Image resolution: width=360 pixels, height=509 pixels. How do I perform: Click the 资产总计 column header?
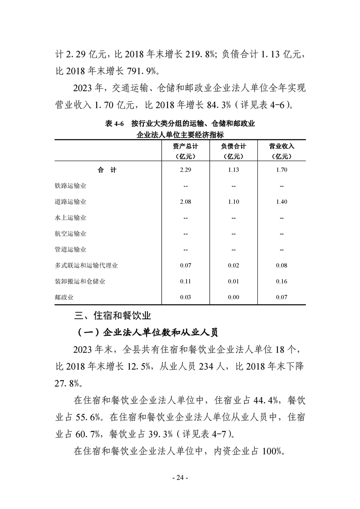tap(185, 147)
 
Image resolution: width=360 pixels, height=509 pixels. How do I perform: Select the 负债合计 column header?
tap(233, 147)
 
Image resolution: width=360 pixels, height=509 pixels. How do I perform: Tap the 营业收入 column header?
tap(281, 147)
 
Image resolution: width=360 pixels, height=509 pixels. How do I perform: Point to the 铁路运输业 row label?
tap(70, 186)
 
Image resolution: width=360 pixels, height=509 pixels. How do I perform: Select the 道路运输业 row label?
tap(70, 202)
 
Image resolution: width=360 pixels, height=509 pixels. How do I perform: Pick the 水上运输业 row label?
tap(70, 218)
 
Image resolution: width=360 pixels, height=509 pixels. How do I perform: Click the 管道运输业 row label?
tap(70, 250)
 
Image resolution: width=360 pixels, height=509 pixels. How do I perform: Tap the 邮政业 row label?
tap(64, 297)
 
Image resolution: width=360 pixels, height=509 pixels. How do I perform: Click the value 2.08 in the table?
tap(185, 202)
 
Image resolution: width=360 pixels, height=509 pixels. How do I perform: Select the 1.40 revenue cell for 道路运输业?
tap(281, 202)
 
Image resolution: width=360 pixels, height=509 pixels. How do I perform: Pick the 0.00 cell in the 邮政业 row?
tap(233, 297)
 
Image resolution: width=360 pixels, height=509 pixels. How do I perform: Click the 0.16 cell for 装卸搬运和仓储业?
tap(281, 281)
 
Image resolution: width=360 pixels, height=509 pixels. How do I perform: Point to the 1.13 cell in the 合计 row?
tap(233, 170)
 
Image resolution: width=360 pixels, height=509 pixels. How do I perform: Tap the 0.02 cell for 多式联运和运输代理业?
tap(233, 265)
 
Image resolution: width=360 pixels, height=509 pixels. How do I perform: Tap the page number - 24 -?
tap(180, 478)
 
